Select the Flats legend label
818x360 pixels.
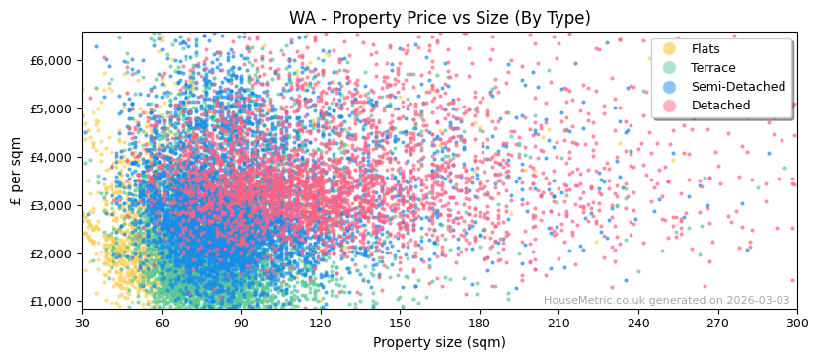[705, 49]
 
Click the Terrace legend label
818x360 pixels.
[712, 68]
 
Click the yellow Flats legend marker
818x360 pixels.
[670, 49]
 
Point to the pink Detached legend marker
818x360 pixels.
[670, 106]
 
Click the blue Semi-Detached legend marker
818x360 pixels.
[670, 87]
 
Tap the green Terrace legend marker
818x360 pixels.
[670, 68]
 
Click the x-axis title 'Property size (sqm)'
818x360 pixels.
[439, 343]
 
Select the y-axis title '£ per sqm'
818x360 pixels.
[16, 171]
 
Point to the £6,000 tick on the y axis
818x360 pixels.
[50, 60]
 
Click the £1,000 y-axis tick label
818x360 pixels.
[50, 302]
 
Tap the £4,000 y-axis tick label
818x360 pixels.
[50, 157]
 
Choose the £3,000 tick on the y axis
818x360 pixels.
[50, 205]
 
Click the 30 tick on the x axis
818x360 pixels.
[82, 322]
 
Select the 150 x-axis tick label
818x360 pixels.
[400, 322]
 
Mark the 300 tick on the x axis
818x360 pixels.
[797, 322]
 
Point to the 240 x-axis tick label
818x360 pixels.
[638, 322]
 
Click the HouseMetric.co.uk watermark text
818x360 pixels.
[666, 301]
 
